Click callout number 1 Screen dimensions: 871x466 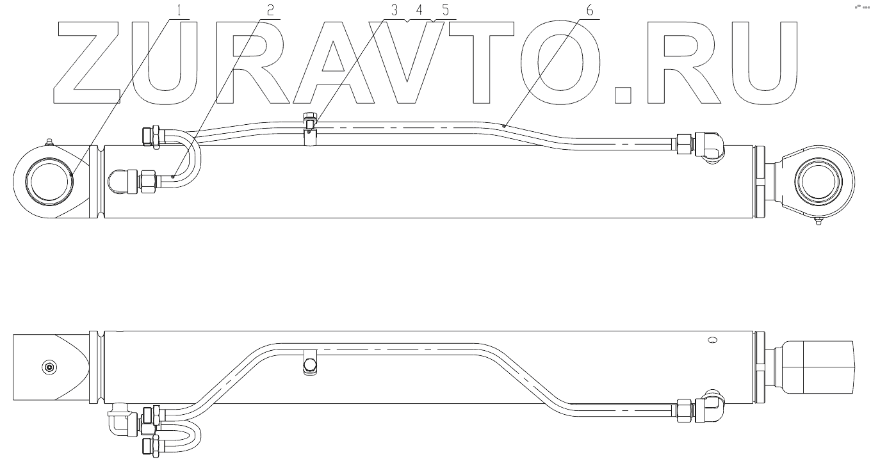(x=179, y=11)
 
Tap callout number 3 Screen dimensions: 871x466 (x=394, y=11)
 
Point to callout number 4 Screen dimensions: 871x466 (x=419, y=11)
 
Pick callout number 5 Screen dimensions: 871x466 (x=443, y=11)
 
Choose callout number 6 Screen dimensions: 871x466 (x=587, y=11)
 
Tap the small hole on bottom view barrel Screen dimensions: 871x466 (x=711, y=340)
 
